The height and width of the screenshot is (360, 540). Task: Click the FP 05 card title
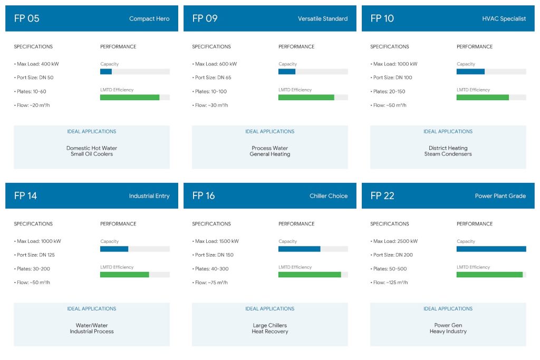tap(26, 18)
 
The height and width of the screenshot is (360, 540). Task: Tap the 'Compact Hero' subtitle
tap(149, 18)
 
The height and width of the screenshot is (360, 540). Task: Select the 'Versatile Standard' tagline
tap(323, 18)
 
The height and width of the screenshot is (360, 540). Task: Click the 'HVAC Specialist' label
tap(504, 18)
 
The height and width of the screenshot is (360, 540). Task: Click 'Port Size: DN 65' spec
tap(211, 77)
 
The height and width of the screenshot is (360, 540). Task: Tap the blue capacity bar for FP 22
tap(491, 249)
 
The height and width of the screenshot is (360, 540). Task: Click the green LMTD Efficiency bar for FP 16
tap(310, 275)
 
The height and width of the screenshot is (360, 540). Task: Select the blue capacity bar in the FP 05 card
tap(105, 72)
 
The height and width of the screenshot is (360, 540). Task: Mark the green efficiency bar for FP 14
tap(124, 275)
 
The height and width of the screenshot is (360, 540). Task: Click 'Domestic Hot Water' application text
tap(92, 148)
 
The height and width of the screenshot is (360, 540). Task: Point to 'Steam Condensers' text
tap(448, 154)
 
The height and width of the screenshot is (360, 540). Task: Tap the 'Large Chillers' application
tap(269, 325)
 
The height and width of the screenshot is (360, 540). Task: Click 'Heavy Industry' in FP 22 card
tap(448, 331)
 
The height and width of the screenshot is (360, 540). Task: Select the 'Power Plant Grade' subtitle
tap(500, 196)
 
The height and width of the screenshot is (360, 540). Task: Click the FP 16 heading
tap(204, 196)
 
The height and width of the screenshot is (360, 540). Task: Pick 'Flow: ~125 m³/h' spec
tap(389, 283)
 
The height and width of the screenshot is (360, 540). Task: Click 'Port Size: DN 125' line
tap(34, 255)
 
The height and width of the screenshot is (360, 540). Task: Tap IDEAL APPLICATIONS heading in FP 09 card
tap(269, 131)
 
